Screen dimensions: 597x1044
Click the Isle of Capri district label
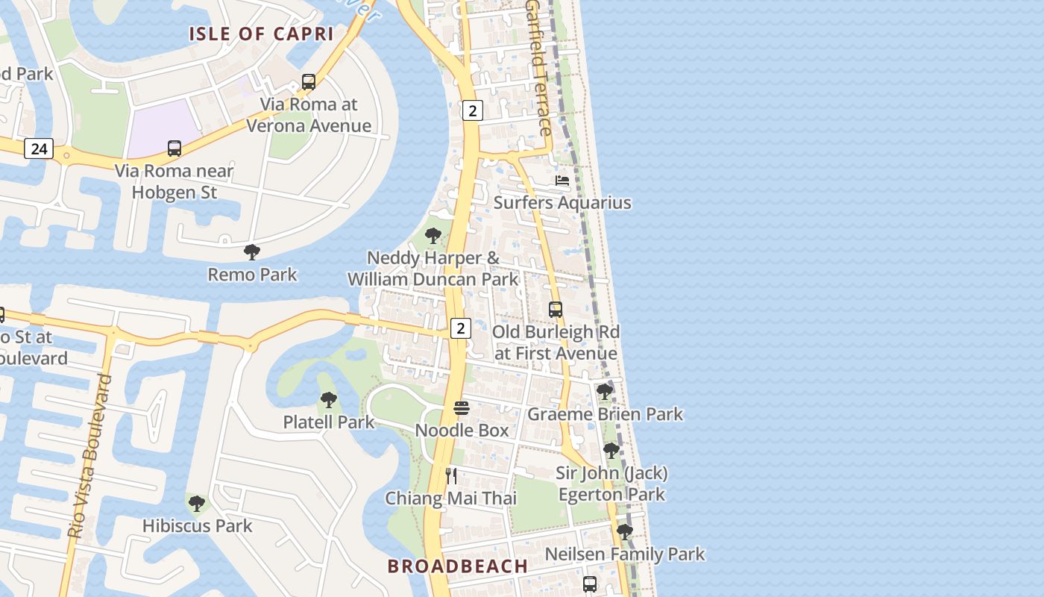pyautogui.click(x=260, y=34)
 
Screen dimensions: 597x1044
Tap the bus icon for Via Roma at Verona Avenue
pyautogui.click(x=309, y=82)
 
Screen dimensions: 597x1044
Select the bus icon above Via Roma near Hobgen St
pyautogui.click(x=174, y=149)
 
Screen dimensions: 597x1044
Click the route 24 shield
pyautogui.click(x=39, y=149)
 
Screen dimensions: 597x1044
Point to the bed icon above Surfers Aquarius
pyautogui.click(x=562, y=181)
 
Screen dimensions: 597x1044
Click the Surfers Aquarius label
pyautogui.click(x=562, y=203)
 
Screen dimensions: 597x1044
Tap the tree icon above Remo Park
pyautogui.click(x=252, y=252)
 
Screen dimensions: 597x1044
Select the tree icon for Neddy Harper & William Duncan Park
pyautogui.click(x=433, y=237)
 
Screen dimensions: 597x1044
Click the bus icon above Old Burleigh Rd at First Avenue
pyautogui.click(x=556, y=310)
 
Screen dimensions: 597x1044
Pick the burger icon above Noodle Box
pyautogui.click(x=462, y=408)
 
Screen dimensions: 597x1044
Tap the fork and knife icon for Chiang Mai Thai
pyautogui.click(x=451, y=476)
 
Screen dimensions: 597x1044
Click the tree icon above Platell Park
pyautogui.click(x=328, y=400)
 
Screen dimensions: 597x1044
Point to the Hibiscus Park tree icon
pyautogui.click(x=197, y=504)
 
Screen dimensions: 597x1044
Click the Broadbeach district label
pyautogui.click(x=458, y=566)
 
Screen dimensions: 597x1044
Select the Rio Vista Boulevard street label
pyautogui.click(x=88, y=455)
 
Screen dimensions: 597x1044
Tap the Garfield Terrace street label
pyautogui.click(x=539, y=67)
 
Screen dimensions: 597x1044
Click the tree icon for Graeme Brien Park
pyautogui.click(x=605, y=391)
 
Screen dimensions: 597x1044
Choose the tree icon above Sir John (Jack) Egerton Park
pyautogui.click(x=611, y=451)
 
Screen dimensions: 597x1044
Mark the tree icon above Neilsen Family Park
pyautogui.click(x=625, y=532)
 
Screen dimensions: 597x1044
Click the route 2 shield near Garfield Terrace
pyautogui.click(x=472, y=110)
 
